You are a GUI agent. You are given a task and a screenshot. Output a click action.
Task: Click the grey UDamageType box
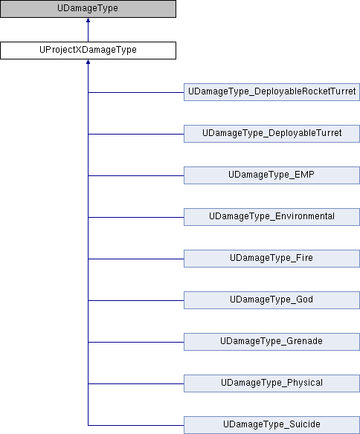click(88, 9)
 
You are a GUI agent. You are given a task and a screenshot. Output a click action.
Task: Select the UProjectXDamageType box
click(88, 51)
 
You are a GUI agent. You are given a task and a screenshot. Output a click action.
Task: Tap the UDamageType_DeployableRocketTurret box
click(271, 92)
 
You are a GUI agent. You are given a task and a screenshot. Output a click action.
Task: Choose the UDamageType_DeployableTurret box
click(271, 134)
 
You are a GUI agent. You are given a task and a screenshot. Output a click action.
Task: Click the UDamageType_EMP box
click(271, 175)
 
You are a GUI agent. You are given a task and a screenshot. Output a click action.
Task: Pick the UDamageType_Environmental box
click(271, 217)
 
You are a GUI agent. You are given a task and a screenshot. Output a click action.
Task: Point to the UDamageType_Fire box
click(271, 259)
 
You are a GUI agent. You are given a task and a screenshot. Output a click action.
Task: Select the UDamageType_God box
click(271, 300)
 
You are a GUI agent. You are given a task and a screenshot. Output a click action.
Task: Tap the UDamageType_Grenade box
click(271, 342)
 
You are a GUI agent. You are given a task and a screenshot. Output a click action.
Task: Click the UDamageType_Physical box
click(271, 383)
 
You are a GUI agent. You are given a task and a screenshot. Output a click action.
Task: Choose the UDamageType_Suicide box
click(271, 425)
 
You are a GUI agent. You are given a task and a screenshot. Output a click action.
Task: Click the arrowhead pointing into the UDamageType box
click(88, 20)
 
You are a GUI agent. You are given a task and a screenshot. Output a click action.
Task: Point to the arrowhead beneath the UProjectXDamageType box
click(88, 62)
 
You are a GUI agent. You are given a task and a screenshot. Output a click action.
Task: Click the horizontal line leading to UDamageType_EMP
click(136, 175)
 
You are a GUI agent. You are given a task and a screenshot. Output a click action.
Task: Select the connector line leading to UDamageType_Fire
click(136, 259)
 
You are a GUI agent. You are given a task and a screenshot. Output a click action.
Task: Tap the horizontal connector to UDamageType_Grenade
click(136, 342)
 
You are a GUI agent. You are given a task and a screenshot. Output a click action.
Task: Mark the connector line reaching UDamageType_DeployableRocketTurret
click(136, 92)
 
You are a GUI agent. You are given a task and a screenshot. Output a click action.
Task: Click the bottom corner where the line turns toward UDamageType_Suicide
click(88, 425)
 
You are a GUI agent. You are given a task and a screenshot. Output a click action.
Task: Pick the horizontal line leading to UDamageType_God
click(136, 300)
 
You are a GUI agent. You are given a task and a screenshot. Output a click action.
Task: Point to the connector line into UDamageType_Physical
click(136, 383)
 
